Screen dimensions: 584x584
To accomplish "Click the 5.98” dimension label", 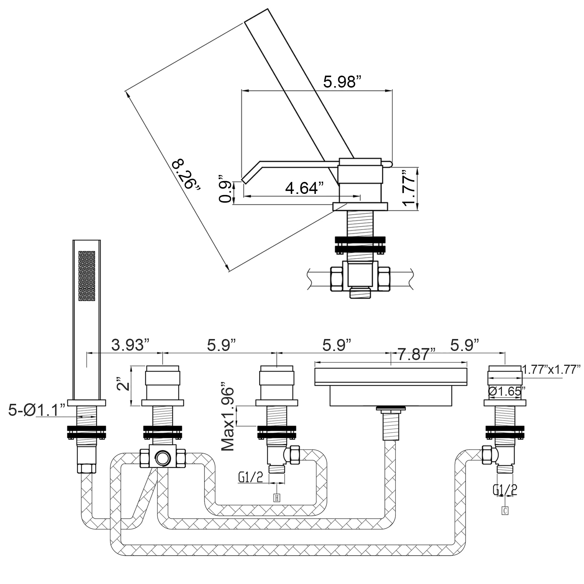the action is coord(342,82).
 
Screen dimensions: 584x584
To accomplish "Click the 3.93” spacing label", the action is coord(130,345).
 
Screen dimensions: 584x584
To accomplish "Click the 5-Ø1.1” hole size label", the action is coord(36,410).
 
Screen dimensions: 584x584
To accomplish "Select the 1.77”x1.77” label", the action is coord(552,369).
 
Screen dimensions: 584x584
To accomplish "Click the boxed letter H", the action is coord(276,498).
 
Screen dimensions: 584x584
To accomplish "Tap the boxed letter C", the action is coord(505,510).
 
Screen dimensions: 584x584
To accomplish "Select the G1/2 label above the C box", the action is coord(505,490).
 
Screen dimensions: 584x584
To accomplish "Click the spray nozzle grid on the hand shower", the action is coord(87,276).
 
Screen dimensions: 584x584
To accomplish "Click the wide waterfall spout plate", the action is coord(391,377).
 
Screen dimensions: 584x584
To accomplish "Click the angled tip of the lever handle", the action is coord(244,181).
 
